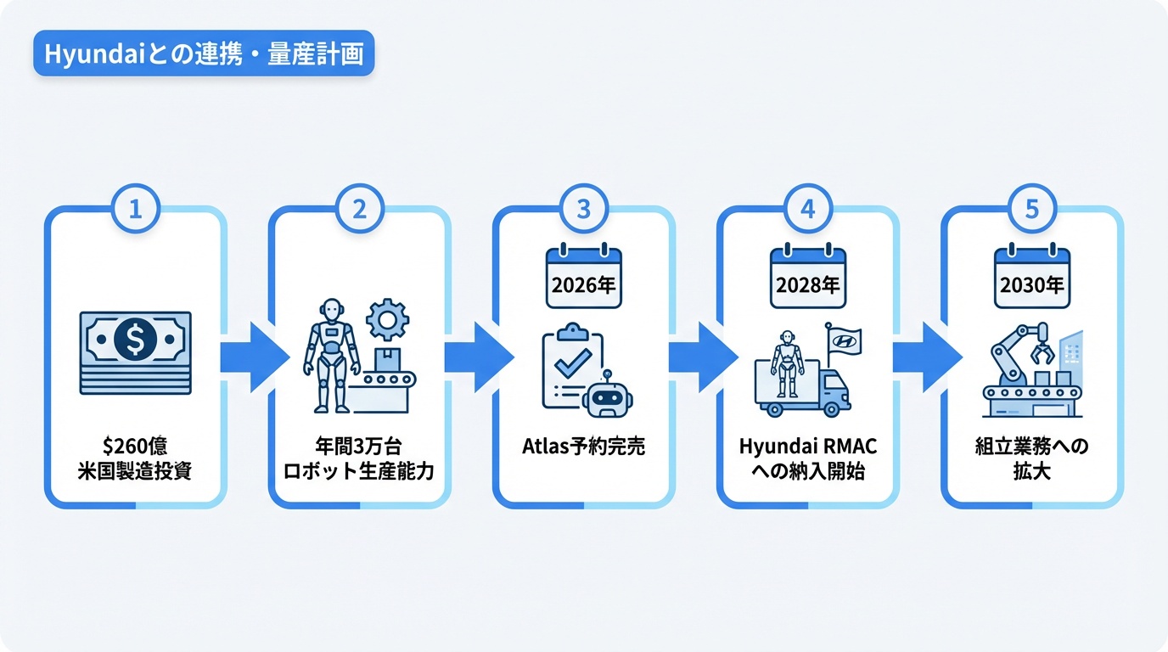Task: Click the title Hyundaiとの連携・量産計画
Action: click(x=204, y=55)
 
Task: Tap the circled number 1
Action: click(x=136, y=209)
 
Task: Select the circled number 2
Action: click(x=360, y=209)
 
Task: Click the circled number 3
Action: click(x=584, y=209)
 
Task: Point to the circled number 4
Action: click(x=808, y=209)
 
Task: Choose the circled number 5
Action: click(x=1032, y=209)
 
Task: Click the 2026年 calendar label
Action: click(x=584, y=285)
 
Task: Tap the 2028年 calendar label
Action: click(x=808, y=285)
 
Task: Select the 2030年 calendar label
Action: click(x=1032, y=285)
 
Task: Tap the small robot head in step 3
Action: click(x=608, y=395)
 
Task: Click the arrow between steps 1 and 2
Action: click(x=251, y=357)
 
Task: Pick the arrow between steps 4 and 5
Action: click(x=924, y=357)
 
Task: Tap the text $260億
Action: click(x=136, y=447)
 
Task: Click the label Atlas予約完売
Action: click(x=584, y=447)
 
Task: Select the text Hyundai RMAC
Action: click(x=808, y=447)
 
